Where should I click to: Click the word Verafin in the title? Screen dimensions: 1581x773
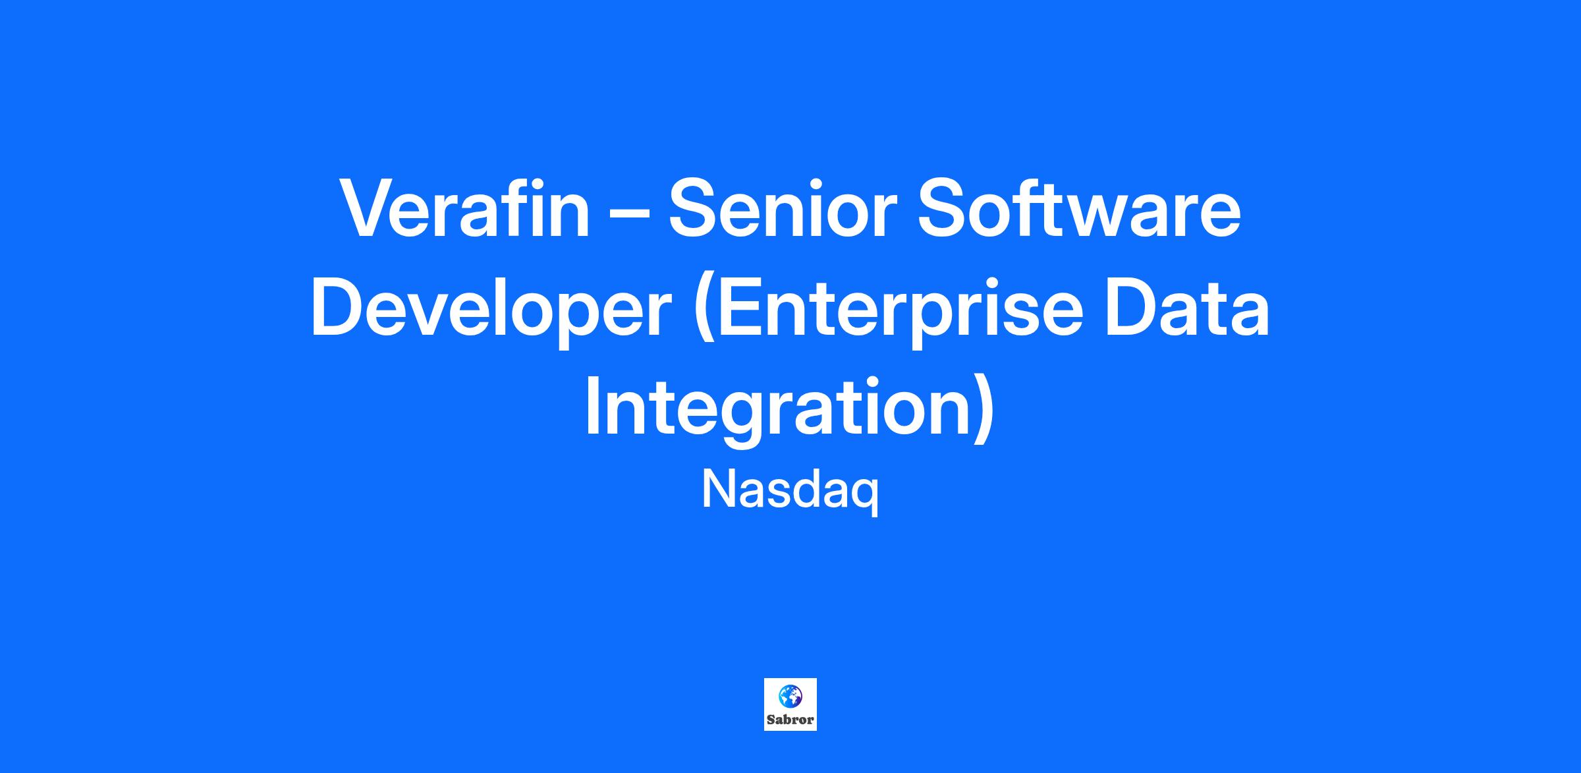(x=464, y=208)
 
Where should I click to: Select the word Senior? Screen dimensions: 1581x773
(x=783, y=208)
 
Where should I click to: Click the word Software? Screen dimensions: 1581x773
(x=1079, y=208)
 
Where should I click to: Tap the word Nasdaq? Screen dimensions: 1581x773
(x=790, y=491)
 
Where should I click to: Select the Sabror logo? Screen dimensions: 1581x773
(x=790, y=704)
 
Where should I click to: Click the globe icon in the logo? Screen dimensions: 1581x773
(x=790, y=696)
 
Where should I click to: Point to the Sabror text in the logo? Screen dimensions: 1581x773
(x=790, y=720)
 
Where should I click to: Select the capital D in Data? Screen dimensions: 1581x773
(x=1132, y=308)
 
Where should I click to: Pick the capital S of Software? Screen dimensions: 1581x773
(x=942, y=208)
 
